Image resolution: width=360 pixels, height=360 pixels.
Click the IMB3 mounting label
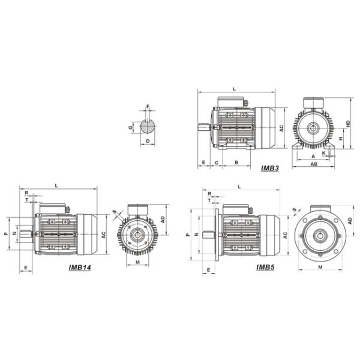(x=270, y=168)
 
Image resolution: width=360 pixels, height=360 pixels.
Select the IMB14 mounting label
(x=80, y=268)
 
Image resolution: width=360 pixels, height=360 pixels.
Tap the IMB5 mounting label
(x=265, y=267)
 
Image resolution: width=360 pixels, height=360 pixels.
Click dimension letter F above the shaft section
(x=148, y=106)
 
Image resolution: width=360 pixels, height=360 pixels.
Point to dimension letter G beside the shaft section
(x=131, y=127)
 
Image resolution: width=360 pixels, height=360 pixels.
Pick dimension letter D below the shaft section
(x=148, y=141)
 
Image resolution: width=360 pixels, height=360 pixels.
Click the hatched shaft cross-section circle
(x=148, y=126)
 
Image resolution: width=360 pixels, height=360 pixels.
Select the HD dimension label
(x=348, y=124)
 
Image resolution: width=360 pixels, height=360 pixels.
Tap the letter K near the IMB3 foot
(x=324, y=153)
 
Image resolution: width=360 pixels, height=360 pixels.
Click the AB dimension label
(x=314, y=164)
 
